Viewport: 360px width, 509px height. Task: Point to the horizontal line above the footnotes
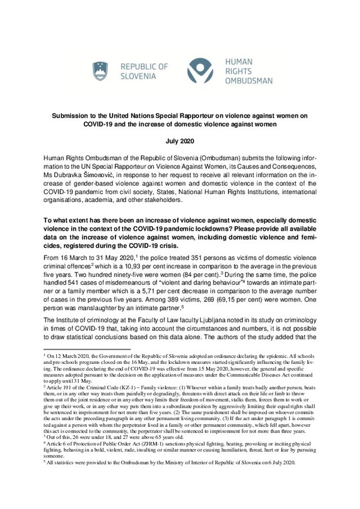tap(87, 350)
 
